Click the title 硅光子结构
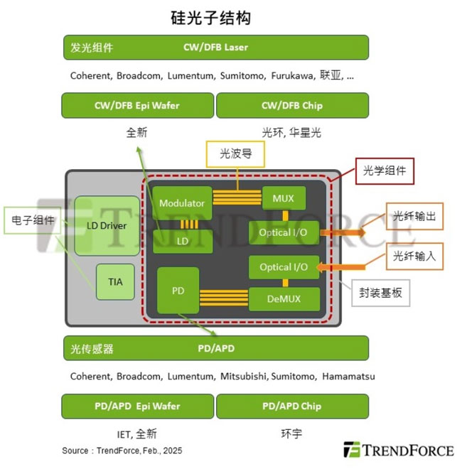pos(210,16)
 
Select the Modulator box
pos(182,203)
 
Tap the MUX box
pos(284,198)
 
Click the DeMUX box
pos(284,299)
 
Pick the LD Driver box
pos(107,225)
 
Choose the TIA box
pos(115,281)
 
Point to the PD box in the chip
pos(177,290)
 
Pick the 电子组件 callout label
pos(33,220)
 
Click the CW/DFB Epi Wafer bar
pos(137,105)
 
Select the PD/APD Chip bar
pos(291,406)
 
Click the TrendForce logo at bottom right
pos(399,450)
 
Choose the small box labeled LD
pos(182,242)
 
